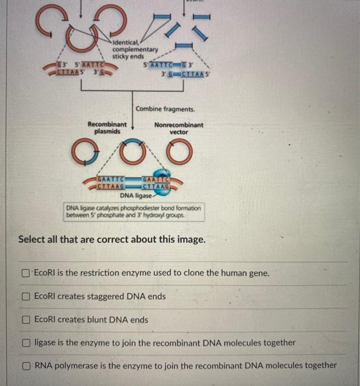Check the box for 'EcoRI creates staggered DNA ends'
(26, 297)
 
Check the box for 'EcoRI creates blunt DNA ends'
(26, 320)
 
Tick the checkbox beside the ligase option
(26, 343)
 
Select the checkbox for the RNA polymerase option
(26, 366)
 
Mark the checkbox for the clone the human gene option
(26, 274)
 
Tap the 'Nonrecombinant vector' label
(179, 128)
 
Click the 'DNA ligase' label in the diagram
(135, 195)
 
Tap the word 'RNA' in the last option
(44, 365)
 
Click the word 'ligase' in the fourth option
(46, 343)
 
